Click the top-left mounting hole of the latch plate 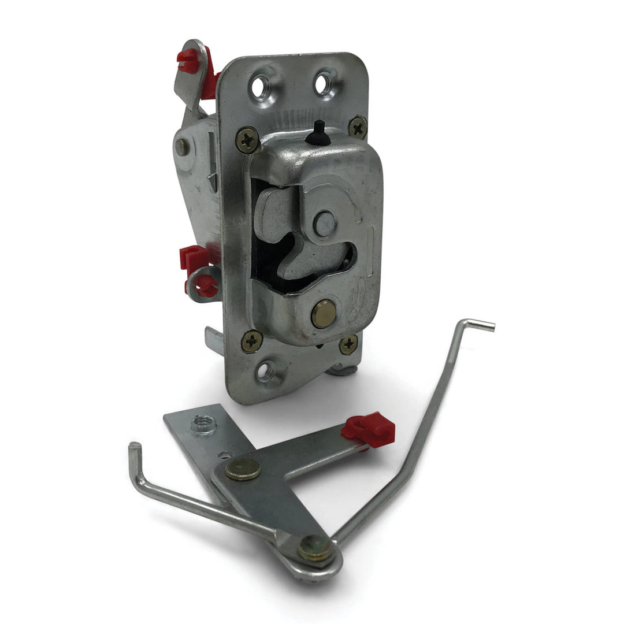coord(259,88)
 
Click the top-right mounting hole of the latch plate coord(323,83)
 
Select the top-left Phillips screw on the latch coord(247,139)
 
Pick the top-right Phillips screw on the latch coord(358,127)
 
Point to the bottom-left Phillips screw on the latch coord(252,341)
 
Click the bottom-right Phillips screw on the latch coord(348,344)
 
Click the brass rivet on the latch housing coord(324,314)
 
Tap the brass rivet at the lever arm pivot coord(243,469)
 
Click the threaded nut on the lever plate coord(203,425)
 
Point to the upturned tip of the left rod coord(134,450)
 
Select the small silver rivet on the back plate coord(182,146)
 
